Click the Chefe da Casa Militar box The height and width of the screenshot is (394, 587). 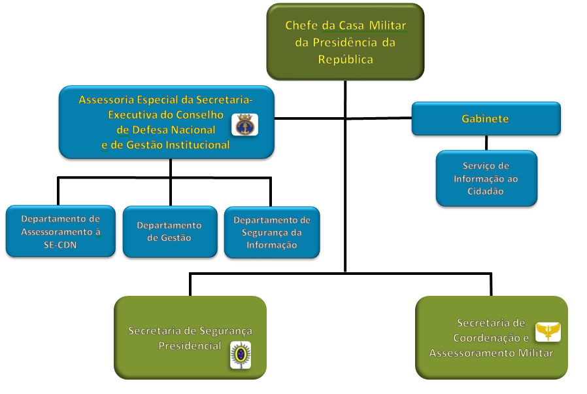tap(345, 42)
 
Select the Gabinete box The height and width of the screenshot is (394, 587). tap(486, 119)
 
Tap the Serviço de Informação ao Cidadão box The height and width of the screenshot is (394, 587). tap(486, 179)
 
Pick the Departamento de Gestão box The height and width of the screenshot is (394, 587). tap(169, 232)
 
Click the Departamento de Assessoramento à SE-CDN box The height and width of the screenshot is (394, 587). tap(61, 232)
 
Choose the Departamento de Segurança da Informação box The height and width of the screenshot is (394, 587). tap(272, 232)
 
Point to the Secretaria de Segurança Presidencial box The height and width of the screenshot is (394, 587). tap(190, 338)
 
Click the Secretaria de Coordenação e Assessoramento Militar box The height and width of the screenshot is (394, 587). tap(491, 338)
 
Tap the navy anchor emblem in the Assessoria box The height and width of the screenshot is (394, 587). tap(245, 124)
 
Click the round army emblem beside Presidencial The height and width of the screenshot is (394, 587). tap(240, 355)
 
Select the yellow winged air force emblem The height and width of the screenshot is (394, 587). tap(548, 331)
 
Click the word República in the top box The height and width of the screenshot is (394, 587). tap(345, 59)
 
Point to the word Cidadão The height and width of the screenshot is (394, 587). tap(486, 191)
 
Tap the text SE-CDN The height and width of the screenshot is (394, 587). tap(61, 244)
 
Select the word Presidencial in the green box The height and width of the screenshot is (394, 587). tap(190, 346)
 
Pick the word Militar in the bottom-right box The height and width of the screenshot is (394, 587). tap(533, 353)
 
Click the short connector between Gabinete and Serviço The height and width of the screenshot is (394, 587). tap(486, 143)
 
